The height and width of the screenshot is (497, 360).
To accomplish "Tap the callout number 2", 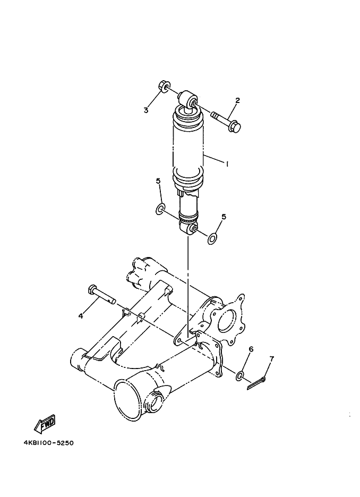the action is click(237, 100).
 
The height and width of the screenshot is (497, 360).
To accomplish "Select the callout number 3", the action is click(146, 110).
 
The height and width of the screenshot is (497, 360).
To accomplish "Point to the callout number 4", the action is click(81, 315).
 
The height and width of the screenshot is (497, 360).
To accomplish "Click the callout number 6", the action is click(251, 349).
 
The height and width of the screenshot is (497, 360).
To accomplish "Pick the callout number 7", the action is click(271, 359).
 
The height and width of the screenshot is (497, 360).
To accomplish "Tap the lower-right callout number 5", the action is click(224, 217).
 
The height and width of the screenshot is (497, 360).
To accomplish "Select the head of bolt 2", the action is click(235, 126).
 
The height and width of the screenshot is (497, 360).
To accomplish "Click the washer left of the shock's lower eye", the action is click(160, 209).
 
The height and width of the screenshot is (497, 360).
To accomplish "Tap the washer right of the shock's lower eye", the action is click(212, 239).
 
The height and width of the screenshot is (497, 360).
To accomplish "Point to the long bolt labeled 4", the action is click(101, 295).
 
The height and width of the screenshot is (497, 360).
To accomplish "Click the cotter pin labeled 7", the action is click(256, 383).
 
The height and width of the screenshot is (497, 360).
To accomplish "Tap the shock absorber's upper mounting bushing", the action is click(187, 99).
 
